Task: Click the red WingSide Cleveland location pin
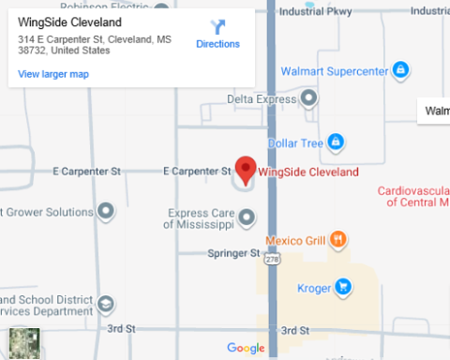(246, 169)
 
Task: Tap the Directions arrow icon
(217, 27)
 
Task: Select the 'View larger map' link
(53, 74)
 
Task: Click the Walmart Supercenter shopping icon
(400, 70)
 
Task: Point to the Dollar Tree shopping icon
(335, 142)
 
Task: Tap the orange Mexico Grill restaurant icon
(338, 240)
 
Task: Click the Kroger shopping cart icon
(344, 287)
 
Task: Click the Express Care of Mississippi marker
(247, 218)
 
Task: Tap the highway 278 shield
(272, 258)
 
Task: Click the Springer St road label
(233, 253)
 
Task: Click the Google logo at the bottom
(246, 349)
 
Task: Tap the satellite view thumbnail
(24, 343)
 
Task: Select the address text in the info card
(94, 45)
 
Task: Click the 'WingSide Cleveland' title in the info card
(69, 23)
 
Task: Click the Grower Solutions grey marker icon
(107, 212)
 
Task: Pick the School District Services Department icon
(107, 305)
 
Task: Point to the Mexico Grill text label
(296, 240)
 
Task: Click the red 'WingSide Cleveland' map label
(307, 172)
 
